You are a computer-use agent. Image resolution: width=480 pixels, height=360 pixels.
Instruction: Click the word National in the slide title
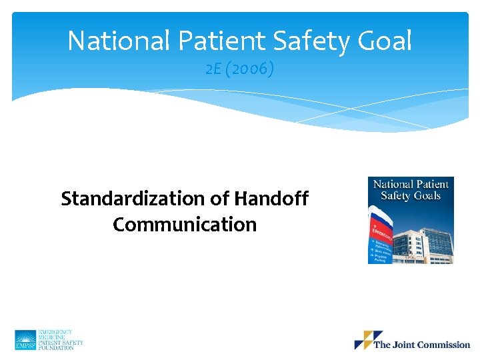(119, 41)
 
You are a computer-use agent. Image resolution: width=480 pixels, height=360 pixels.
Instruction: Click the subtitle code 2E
(215, 69)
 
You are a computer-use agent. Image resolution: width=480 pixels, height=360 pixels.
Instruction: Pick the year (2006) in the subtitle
(250, 69)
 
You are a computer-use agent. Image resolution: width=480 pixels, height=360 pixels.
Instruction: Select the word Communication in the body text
(185, 225)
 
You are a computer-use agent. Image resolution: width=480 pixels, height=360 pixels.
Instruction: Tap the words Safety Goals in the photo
(411, 195)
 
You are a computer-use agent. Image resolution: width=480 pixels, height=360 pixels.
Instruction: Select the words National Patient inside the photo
(411, 184)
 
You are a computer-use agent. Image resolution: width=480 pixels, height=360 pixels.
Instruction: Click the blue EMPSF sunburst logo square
(25, 340)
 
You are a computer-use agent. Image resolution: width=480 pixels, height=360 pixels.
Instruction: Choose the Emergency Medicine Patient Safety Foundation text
(61, 340)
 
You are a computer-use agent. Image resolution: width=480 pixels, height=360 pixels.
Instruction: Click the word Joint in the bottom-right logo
(403, 345)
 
